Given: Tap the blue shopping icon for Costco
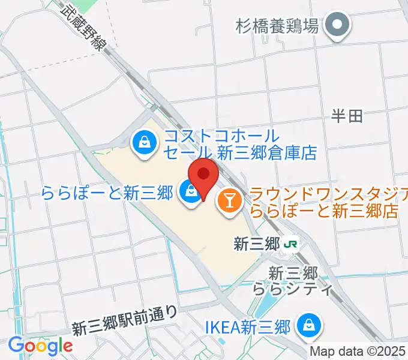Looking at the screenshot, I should [145, 143].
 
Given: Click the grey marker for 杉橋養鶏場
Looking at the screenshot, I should [337, 26].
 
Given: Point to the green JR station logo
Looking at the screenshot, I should [292, 244].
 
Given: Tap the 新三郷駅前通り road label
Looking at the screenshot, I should [125, 320].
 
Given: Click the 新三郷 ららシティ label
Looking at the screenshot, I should [301, 281].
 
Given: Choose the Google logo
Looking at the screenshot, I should [40, 346].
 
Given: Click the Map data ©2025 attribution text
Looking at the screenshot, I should [358, 352].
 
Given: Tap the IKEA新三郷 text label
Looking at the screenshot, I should [248, 327].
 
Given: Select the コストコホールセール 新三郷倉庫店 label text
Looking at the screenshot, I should [239, 144].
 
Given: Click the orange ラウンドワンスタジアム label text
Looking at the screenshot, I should [328, 202].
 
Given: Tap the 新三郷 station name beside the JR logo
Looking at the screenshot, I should [257, 244].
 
